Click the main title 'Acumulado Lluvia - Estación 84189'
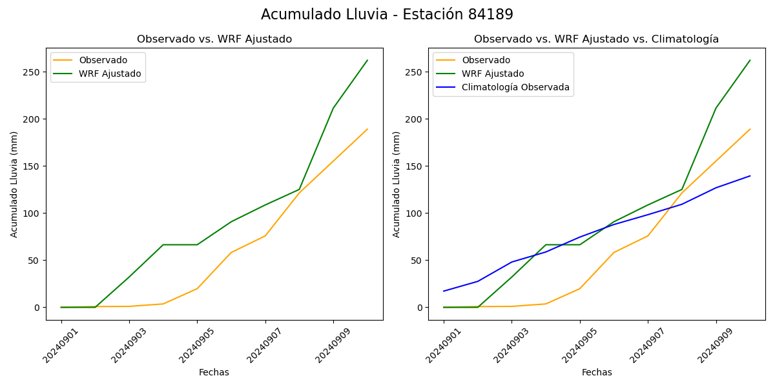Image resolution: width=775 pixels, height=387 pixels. click(x=387, y=15)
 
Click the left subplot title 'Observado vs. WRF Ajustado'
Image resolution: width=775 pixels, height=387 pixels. click(x=214, y=39)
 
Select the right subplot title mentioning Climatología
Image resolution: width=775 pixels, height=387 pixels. click(x=596, y=39)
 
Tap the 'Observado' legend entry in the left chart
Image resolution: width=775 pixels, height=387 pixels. click(x=103, y=61)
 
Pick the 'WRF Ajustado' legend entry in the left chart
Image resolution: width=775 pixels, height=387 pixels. click(x=110, y=74)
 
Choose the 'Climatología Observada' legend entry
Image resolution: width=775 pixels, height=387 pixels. click(x=515, y=88)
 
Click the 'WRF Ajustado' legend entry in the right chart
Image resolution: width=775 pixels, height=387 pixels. click(x=492, y=74)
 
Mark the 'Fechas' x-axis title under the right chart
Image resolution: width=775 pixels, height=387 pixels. click(x=597, y=373)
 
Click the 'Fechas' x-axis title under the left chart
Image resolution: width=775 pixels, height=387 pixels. click(x=214, y=373)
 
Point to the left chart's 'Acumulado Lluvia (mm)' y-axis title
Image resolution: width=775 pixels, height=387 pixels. click(x=14, y=184)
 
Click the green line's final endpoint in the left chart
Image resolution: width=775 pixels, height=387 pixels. click(x=367, y=61)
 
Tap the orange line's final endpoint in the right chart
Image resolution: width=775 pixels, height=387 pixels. click(x=750, y=129)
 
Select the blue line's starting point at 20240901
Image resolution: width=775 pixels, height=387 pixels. click(x=444, y=291)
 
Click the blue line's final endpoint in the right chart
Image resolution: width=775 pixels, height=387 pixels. click(x=750, y=176)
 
